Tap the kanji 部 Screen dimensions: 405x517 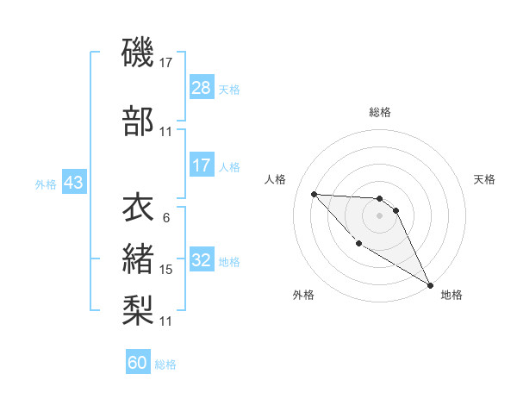point(138,121)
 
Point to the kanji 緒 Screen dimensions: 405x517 point(138,259)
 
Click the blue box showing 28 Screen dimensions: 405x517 point(201,89)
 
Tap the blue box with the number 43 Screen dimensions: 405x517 point(73,184)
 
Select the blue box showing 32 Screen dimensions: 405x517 point(201,261)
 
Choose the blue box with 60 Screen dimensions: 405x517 point(138,363)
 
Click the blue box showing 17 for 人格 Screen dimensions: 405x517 point(201,166)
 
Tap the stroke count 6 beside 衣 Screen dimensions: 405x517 point(165,218)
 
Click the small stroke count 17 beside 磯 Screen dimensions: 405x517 point(166,63)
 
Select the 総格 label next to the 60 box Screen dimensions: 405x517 point(166,364)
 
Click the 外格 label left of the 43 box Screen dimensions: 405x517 point(45,184)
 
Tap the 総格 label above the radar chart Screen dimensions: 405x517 point(380,112)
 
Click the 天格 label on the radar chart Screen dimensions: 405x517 point(485,179)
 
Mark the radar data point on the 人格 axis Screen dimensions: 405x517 point(314,194)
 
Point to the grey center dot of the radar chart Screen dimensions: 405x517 point(380,215)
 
